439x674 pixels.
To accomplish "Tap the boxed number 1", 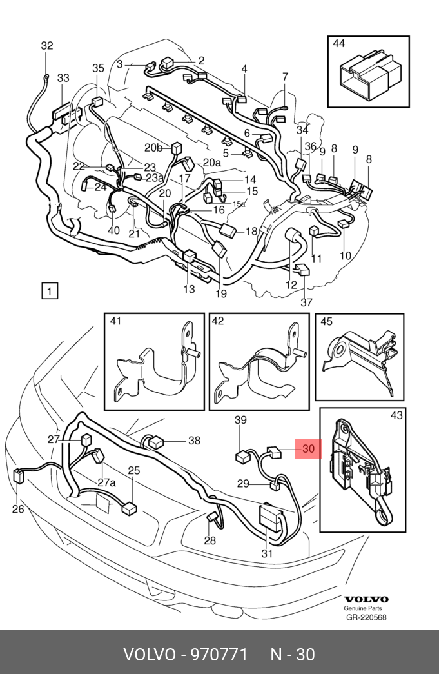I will pyautogui.click(x=50, y=291).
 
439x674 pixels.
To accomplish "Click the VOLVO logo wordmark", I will pyautogui.click(x=366, y=599).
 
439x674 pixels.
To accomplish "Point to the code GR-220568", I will pyautogui.click(x=366, y=617).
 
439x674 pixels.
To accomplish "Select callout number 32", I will pyautogui.click(x=47, y=46).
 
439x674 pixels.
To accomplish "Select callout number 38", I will pyautogui.click(x=194, y=441).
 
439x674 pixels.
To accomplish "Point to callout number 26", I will pyautogui.click(x=17, y=510).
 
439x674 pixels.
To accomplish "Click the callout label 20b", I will pyautogui.click(x=154, y=146).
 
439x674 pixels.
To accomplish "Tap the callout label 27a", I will pyautogui.click(x=106, y=482).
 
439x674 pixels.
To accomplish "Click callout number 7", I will pyautogui.click(x=285, y=77).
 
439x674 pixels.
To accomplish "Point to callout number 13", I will pyautogui.click(x=189, y=289).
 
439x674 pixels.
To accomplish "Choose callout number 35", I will pyautogui.click(x=98, y=68).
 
